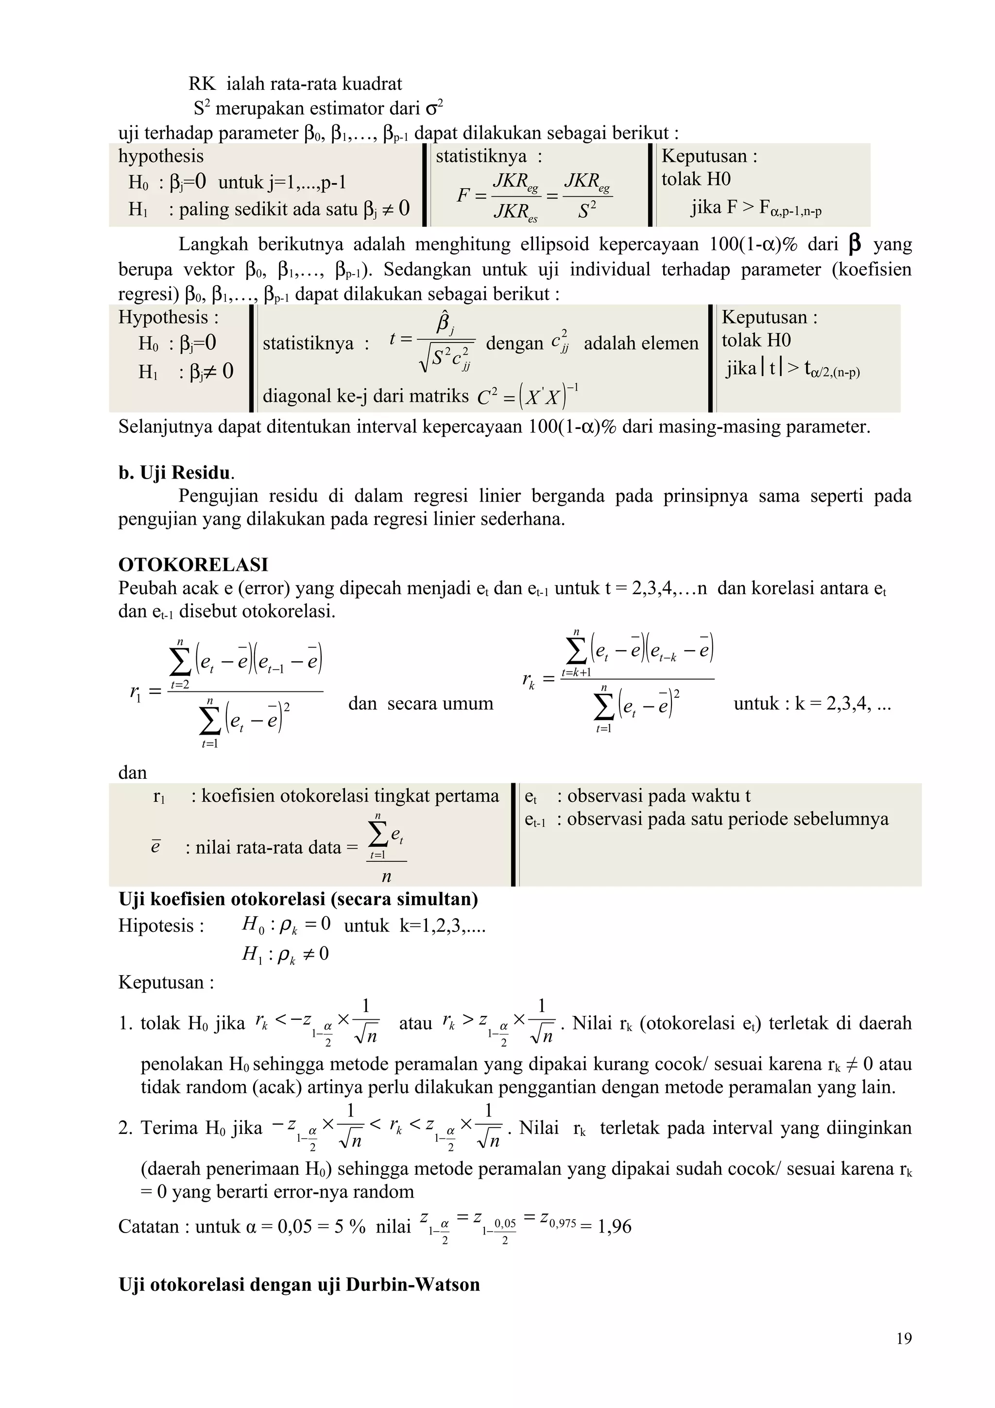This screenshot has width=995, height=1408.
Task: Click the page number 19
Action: [x=904, y=1338]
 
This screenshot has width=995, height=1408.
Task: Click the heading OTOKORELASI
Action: [x=193, y=564]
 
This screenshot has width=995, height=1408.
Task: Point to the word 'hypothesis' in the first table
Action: [x=161, y=156]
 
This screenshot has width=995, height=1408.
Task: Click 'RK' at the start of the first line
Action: [x=202, y=84]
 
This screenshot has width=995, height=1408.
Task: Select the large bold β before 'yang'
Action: [x=854, y=243]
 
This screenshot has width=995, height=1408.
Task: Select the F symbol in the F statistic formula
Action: [x=463, y=196]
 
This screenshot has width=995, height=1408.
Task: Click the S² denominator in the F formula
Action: [x=587, y=211]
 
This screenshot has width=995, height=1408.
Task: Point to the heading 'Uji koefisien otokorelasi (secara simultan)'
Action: [x=298, y=899]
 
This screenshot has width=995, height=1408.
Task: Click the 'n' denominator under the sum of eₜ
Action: [x=386, y=877]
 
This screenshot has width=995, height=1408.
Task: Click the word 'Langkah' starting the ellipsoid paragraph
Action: [x=213, y=244]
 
